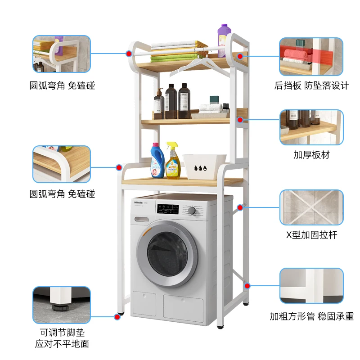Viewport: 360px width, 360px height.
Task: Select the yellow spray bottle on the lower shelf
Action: [x=172, y=163]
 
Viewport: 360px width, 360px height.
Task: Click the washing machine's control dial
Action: [x=192, y=210]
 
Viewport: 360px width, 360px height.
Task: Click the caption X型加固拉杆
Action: [x=311, y=234]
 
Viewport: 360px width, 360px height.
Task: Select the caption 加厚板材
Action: [x=311, y=155]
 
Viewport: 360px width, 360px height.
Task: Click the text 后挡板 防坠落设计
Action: [x=311, y=85]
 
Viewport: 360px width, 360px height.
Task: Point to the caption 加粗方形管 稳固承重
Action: [x=311, y=316]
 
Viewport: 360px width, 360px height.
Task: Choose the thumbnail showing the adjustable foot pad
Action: [x=62, y=305]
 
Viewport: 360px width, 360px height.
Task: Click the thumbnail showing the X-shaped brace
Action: [x=311, y=207]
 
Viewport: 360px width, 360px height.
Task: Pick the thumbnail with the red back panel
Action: [x=311, y=56]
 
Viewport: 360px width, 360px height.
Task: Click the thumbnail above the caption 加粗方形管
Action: [x=311, y=286]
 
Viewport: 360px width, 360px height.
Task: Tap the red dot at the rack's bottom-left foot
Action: [x=117, y=316]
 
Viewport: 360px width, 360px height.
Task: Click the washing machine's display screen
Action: [x=167, y=208]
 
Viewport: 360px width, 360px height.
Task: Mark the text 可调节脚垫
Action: [x=62, y=333]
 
